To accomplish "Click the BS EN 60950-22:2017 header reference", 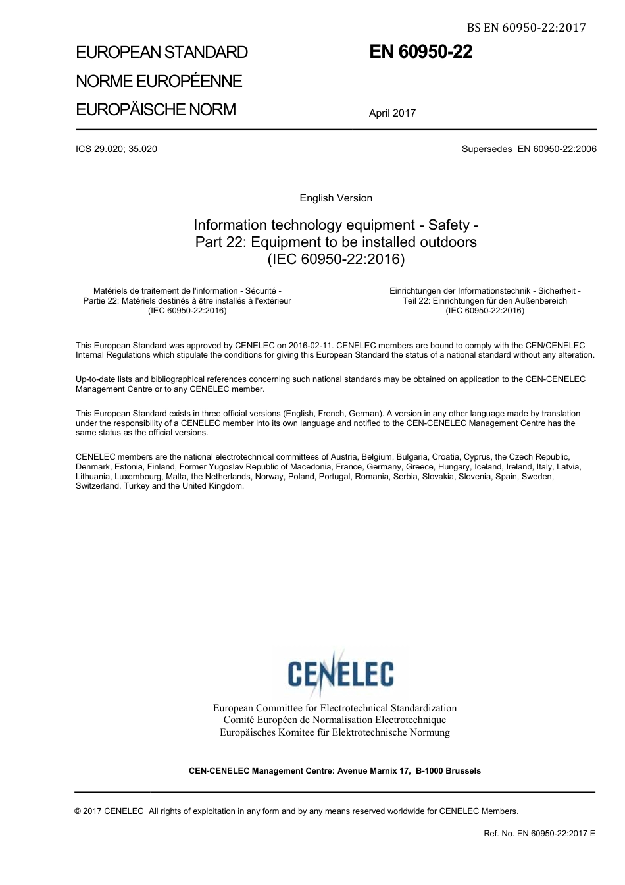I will tap(526, 28).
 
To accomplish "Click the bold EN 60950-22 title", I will tap(420, 52).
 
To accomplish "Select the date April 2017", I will tap(392, 113).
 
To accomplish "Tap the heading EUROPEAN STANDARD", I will tap(162, 52).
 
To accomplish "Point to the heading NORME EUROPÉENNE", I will tap(159, 81).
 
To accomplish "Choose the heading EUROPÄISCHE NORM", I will tap(156, 109).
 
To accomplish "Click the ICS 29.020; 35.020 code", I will tap(116, 149).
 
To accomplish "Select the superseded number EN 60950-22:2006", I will tap(557, 149).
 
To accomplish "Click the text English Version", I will tap(336, 198).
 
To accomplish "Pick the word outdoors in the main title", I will tap(450, 242).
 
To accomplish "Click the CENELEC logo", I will tap(341, 672).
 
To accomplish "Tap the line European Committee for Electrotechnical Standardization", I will tap(334, 708).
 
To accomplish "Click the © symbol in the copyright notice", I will tap(78, 811).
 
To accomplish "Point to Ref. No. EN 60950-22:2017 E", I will tap(539, 833).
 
